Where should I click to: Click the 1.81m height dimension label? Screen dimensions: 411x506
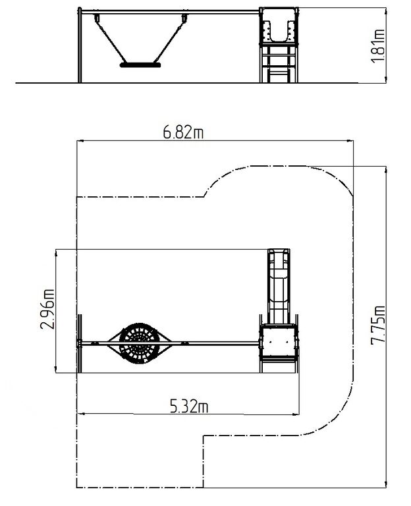[378, 46]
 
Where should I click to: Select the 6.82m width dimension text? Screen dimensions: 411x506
[183, 132]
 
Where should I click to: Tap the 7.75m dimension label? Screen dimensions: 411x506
[378, 325]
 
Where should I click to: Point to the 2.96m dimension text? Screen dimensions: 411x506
[47, 310]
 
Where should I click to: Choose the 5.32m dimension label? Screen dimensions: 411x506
[189, 407]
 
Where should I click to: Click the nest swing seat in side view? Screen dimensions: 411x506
[140, 65]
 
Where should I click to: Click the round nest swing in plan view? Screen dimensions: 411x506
[140, 343]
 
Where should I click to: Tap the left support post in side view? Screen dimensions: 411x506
[79, 45]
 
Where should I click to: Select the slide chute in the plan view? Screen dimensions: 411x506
[279, 286]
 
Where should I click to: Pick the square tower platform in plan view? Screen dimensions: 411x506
[279, 343]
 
